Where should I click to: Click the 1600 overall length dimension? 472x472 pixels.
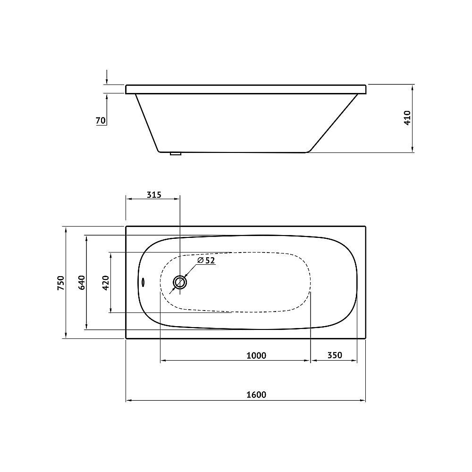(x=256, y=394)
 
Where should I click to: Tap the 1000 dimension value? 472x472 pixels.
(x=256, y=355)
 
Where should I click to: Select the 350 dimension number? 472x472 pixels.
(x=335, y=355)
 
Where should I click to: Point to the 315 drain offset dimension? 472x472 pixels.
(x=154, y=195)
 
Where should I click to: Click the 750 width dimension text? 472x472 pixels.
(x=61, y=283)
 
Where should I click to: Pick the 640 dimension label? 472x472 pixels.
(x=82, y=283)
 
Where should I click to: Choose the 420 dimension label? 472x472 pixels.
(x=106, y=283)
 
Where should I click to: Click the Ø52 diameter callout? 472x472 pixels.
(x=206, y=261)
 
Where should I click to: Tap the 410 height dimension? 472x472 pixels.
(x=407, y=118)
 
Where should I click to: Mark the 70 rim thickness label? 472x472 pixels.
(x=101, y=120)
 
